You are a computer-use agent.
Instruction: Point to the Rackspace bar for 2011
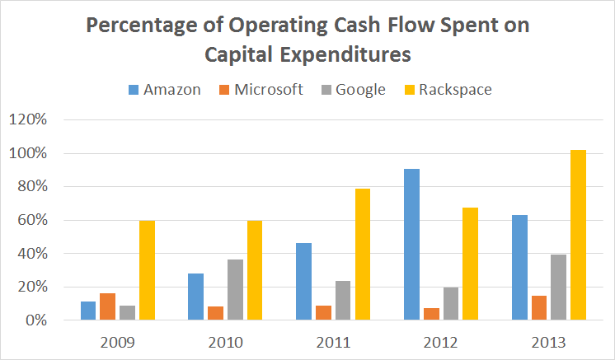coord(363,255)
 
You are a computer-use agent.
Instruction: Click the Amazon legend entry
coord(164,90)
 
